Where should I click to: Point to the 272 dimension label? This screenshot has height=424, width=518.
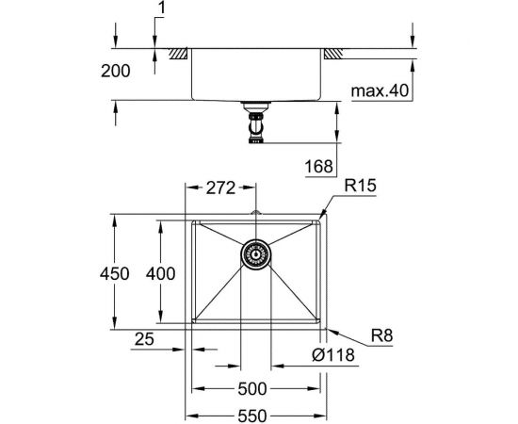(220, 188)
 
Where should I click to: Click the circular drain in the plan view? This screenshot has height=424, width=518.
(255, 253)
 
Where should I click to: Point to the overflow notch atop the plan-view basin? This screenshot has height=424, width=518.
(255, 215)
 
